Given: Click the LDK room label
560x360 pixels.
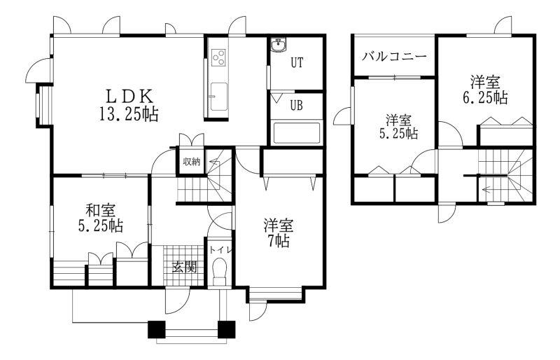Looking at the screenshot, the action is pyautogui.click(x=130, y=96).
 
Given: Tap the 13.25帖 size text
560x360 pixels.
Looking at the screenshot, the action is pyautogui.click(x=129, y=114).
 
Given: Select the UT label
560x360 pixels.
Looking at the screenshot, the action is pyautogui.click(x=297, y=63).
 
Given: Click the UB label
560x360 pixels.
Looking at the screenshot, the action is pyautogui.click(x=296, y=106).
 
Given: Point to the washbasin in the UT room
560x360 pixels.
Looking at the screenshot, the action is pyautogui.click(x=278, y=46).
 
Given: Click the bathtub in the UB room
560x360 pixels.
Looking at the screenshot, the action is pyautogui.click(x=296, y=133).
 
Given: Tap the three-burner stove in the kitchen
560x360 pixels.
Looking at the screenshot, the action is pyautogui.click(x=218, y=57).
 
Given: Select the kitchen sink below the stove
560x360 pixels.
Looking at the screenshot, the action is pyautogui.click(x=218, y=97).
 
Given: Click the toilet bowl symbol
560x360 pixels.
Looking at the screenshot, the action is pyautogui.click(x=220, y=271).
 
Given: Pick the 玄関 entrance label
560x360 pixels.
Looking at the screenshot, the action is pyautogui.click(x=185, y=267).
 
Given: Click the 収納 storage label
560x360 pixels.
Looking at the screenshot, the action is pyautogui.click(x=191, y=162).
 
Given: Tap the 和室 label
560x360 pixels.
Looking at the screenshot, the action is pyautogui.click(x=101, y=210).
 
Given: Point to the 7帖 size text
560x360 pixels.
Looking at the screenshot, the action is pyautogui.click(x=279, y=242).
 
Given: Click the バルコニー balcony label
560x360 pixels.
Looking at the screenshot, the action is pyautogui.click(x=394, y=57).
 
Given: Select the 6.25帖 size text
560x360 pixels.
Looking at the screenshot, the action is pyautogui.click(x=485, y=97).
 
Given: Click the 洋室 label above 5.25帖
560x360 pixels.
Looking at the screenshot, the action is pyautogui.click(x=398, y=120).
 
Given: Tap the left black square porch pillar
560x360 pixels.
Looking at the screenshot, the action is pyautogui.click(x=157, y=329).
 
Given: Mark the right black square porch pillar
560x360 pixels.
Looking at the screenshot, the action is pyautogui.click(x=226, y=329).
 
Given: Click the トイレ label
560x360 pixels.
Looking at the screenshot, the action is pyautogui.click(x=220, y=249).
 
